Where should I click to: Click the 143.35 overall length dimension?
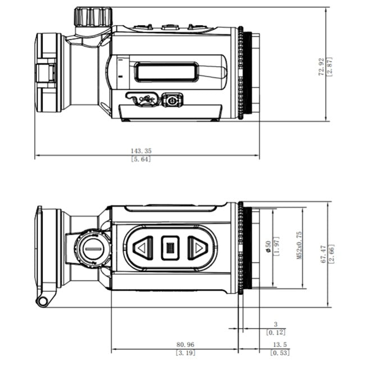[142, 150]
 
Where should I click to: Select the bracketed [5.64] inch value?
[141, 159]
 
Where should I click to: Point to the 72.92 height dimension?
[321, 66]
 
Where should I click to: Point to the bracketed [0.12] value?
[276, 332]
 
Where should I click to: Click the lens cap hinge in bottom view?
[42, 300]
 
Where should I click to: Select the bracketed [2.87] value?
[330, 66]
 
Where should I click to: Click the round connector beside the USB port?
[171, 101]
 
